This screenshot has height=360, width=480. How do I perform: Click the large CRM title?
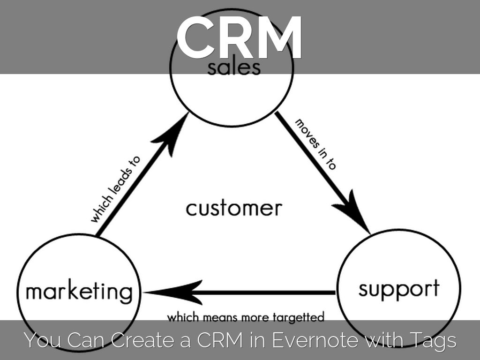(x=240, y=37)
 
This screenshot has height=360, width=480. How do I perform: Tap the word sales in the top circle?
(x=233, y=67)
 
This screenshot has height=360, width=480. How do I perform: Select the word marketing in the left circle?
(x=79, y=291)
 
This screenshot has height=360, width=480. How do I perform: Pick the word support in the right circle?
(x=399, y=288)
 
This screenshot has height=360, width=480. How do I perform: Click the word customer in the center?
(x=234, y=208)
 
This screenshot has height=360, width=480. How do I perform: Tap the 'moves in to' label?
(x=315, y=143)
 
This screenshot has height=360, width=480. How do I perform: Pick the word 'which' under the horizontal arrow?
(x=183, y=317)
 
